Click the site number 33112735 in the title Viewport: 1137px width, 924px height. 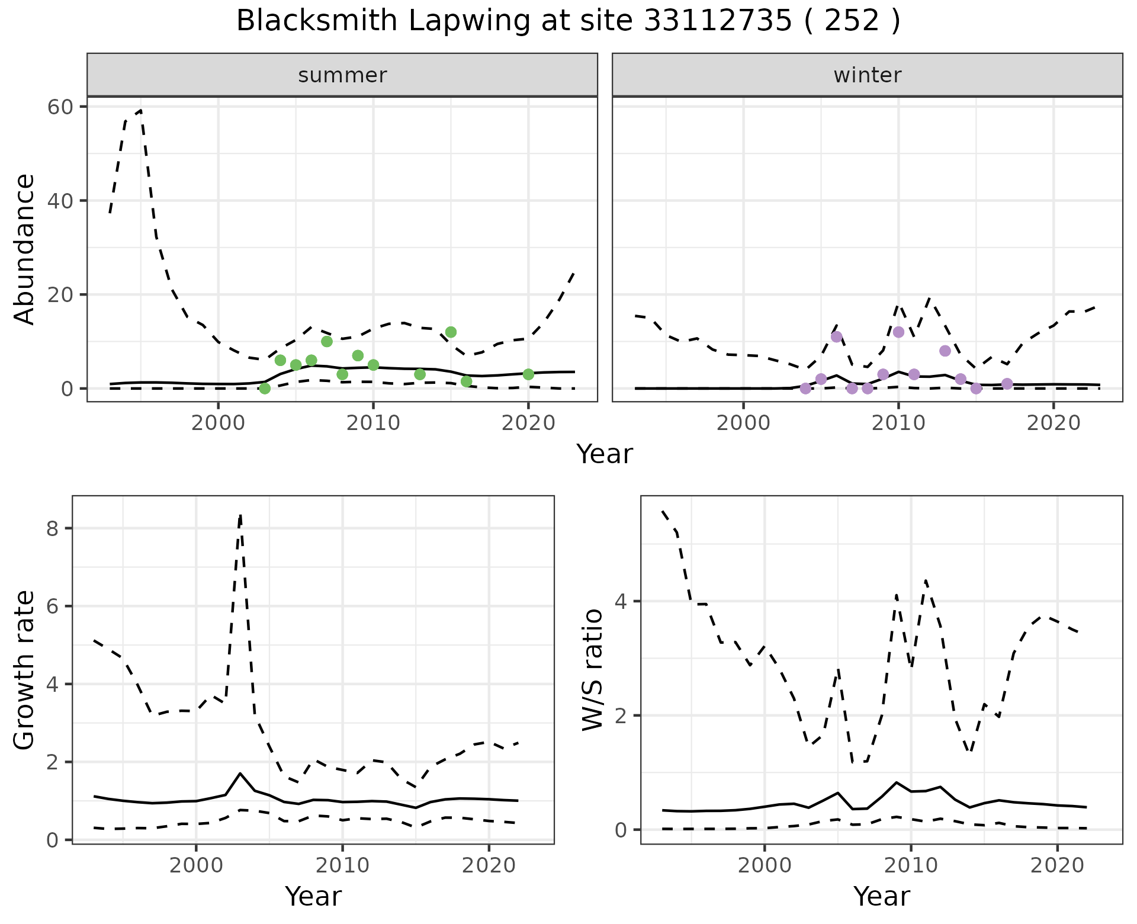click(718, 21)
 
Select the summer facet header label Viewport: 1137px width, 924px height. click(342, 75)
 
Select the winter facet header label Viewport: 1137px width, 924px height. click(867, 75)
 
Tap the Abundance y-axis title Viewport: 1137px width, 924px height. click(25, 249)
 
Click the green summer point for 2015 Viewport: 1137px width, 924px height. click(451, 332)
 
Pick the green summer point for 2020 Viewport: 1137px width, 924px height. click(528, 374)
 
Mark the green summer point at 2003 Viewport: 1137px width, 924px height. click(265, 389)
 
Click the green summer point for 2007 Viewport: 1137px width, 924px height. click(327, 341)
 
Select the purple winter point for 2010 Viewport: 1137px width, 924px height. click(898, 332)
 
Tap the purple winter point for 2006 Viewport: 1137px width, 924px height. click(836, 337)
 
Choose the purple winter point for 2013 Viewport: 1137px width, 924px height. click(945, 351)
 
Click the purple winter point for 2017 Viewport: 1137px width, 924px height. click(1007, 384)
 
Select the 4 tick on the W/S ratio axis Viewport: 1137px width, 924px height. click(621, 602)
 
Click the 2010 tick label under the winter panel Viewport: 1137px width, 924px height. click(898, 423)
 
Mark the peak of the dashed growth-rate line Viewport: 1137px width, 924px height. click(240, 515)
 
